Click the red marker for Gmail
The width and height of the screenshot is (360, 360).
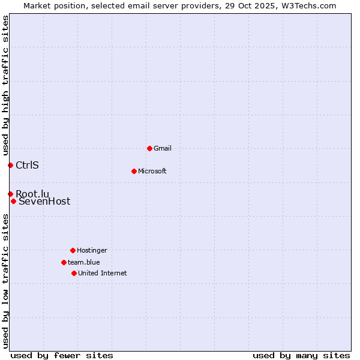[149, 148]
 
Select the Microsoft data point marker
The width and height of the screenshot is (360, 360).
[134, 171]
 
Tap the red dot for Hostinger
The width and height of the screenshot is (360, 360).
[73, 250]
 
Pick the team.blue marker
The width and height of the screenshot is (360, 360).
[64, 262]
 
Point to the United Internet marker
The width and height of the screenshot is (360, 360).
[74, 273]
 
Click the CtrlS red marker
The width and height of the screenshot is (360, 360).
[10, 165]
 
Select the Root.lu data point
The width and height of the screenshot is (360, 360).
[10, 194]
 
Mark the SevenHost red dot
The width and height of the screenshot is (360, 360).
[13, 201]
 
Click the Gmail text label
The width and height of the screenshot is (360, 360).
[163, 148]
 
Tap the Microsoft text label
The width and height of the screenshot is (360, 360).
[152, 171]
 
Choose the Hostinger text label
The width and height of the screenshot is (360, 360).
[92, 250]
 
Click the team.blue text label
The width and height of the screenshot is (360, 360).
[84, 262]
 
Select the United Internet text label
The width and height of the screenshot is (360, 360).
[103, 273]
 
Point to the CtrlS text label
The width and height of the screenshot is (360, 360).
[27, 165]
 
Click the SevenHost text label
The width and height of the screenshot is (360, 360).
[44, 202]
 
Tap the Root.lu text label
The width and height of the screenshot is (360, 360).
[32, 193]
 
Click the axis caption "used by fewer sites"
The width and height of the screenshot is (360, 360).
[62, 355]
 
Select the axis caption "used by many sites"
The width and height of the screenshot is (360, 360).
[301, 355]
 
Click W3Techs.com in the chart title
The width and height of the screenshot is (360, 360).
[307, 5]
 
